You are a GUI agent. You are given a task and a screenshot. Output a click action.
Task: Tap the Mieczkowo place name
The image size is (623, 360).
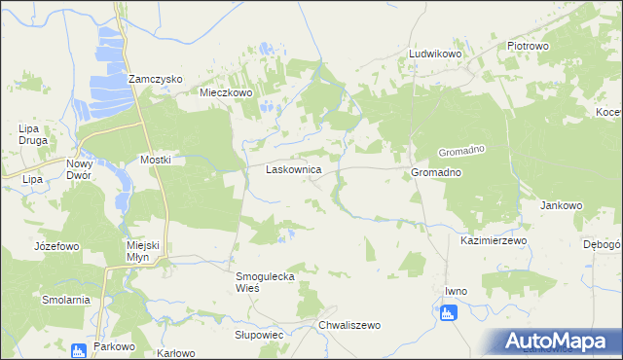tap(226, 92)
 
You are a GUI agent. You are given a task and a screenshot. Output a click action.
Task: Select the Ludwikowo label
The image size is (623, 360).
tap(434, 54)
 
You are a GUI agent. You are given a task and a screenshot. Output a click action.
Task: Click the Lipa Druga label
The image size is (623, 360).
tap(33, 135)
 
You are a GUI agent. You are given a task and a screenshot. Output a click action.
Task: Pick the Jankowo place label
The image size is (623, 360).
tap(561, 206)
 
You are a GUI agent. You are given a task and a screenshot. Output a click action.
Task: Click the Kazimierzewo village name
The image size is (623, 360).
tap(493, 239)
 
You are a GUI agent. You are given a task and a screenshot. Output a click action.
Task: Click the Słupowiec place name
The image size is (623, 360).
tap(258, 334)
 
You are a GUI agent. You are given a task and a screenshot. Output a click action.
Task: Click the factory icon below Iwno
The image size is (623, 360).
tap(448, 312)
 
